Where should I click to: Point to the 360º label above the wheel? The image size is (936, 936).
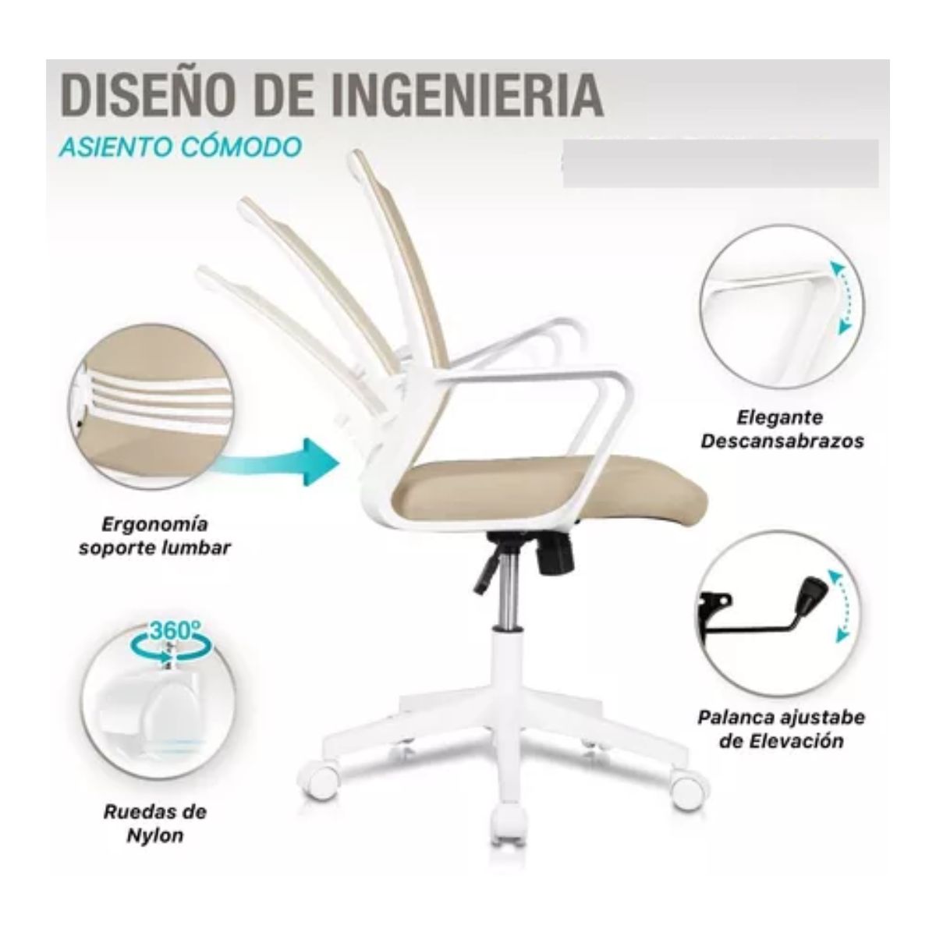click(173, 630)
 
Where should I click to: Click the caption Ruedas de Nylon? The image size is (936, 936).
click(154, 824)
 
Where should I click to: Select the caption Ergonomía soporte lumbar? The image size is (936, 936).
click(155, 535)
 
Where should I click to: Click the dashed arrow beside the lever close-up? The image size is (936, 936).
click(839, 605)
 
